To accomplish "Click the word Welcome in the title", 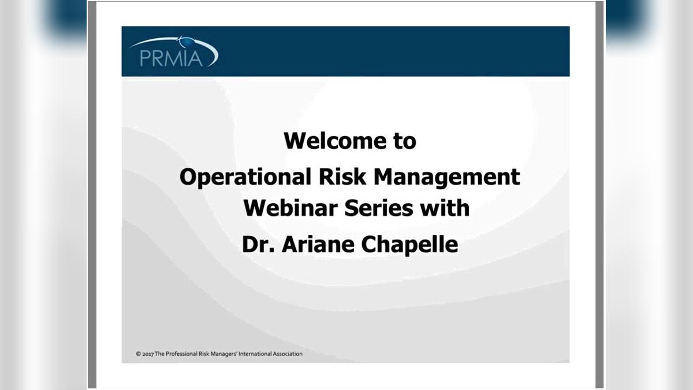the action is pyautogui.click(x=335, y=141).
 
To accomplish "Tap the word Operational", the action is pyautogui.click(x=245, y=176).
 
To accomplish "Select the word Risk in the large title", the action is pyautogui.click(x=342, y=176).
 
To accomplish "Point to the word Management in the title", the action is pyautogui.click(x=447, y=177).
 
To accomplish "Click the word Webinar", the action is pyautogui.click(x=290, y=208).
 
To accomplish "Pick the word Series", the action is pyautogui.click(x=379, y=208).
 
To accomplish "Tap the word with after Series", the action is pyautogui.click(x=445, y=208).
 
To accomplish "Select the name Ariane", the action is pyautogui.click(x=318, y=244).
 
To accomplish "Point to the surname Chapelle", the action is pyautogui.click(x=409, y=244).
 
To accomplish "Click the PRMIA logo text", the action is pyautogui.click(x=171, y=58).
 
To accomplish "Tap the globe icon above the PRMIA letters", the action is pyautogui.click(x=186, y=42).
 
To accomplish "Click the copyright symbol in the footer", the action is pyautogui.click(x=138, y=354).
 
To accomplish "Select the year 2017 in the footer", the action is pyautogui.click(x=148, y=354).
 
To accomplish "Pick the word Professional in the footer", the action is pyautogui.click(x=181, y=354).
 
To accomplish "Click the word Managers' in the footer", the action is pyautogui.click(x=223, y=354).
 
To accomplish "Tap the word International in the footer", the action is pyautogui.click(x=255, y=354).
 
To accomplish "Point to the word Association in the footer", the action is pyautogui.click(x=288, y=354).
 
